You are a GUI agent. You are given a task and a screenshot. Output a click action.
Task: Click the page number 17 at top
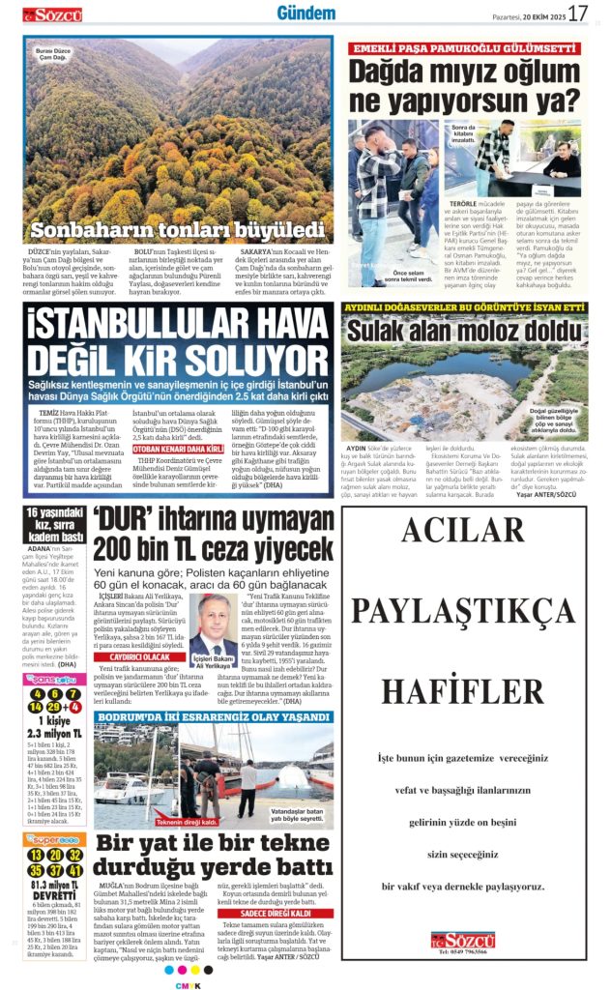[577, 14]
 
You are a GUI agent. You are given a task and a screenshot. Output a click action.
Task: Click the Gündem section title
[305, 13]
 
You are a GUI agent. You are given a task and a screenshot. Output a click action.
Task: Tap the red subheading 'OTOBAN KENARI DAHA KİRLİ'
[177, 450]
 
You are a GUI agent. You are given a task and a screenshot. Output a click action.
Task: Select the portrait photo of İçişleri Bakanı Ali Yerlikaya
[212, 627]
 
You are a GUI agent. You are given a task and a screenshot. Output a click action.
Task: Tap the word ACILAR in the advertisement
[463, 530]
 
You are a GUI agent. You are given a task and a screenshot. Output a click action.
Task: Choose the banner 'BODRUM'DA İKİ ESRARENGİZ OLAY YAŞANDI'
[213, 717]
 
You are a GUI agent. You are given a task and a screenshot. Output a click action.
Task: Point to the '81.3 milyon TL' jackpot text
[54, 887]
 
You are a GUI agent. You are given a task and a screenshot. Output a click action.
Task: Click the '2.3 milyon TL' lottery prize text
[54, 734]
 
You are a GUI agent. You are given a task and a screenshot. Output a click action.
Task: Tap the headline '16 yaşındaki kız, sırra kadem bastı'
[54, 525]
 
